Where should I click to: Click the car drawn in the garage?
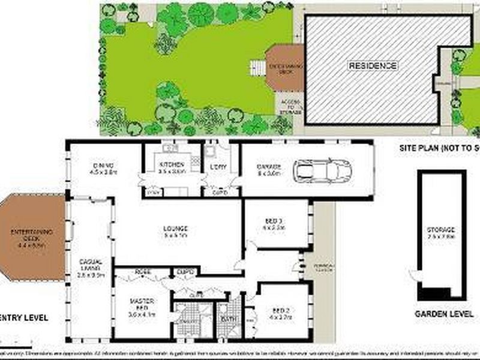pyautogui.click(x=322, y=170)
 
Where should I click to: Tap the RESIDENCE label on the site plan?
pyautogui.click(x=373, y=65)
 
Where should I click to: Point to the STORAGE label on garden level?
pyautogui.click(x=441, y=230)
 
